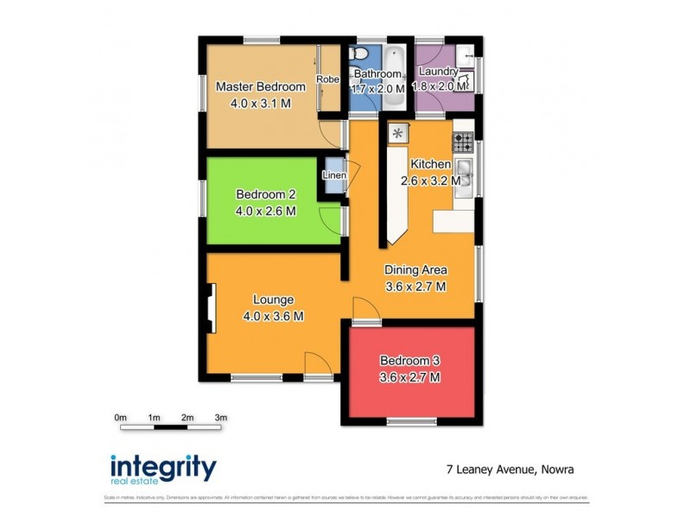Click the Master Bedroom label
pyautogui.click(x=260, y=87)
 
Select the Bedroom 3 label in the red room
pyautogui.click(x=410, y=360)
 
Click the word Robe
pyautogui.click(x=327, y=79)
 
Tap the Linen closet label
pyautogui.click(x=334, y=175)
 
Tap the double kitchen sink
pyautogui.click(x=464, y=174)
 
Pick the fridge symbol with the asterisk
pyautogui.click(x=398, y=133)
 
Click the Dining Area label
pyautogui.click(x=415, y=269)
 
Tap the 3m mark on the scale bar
pyautogui.click(x=220, y=418)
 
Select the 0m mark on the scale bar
pyautogui.click(x=121, y=418)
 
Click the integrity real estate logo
pyautogui.click(x=163, y=469)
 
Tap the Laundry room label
pyautogui.click(x=438, y=73)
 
